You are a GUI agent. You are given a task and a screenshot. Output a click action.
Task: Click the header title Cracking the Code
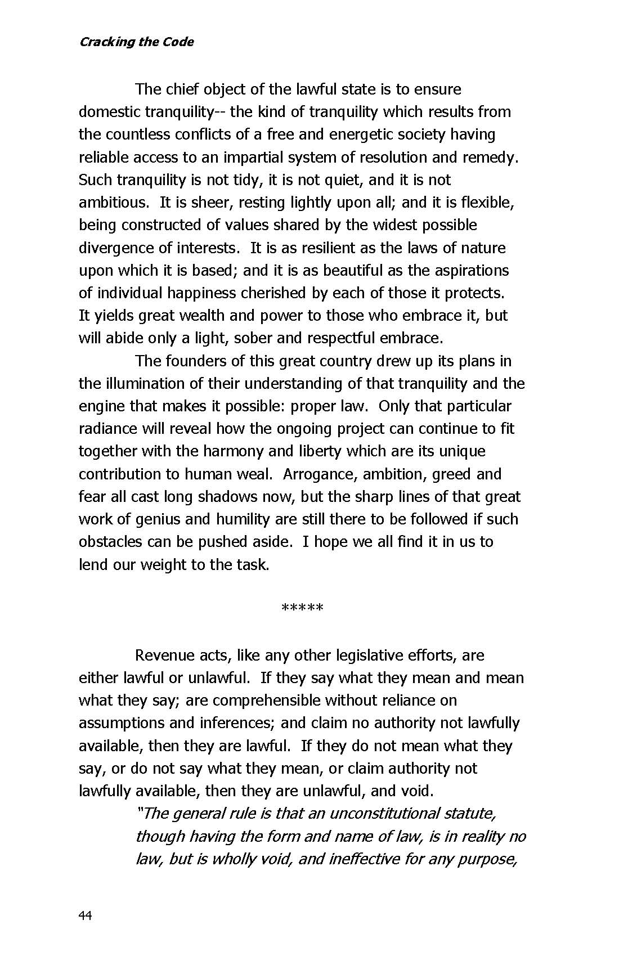[136, 42]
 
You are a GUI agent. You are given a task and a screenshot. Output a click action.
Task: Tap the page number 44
[85, 916]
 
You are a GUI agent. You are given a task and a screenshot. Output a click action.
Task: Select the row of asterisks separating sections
[302, 608]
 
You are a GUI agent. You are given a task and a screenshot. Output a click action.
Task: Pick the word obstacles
[110, 542]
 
